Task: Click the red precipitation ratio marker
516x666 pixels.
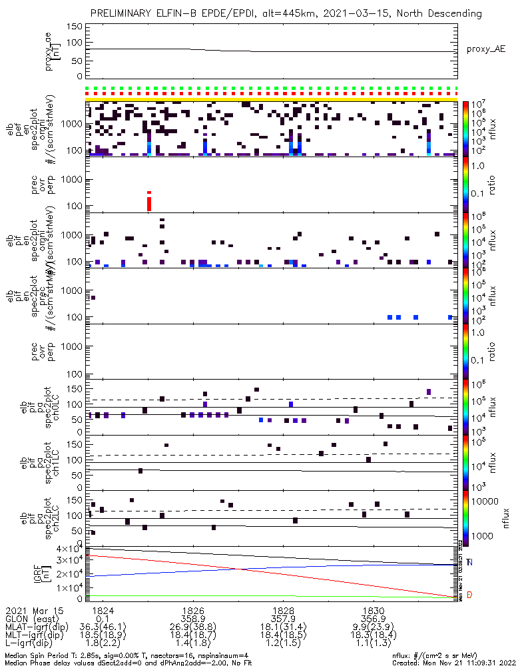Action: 149,201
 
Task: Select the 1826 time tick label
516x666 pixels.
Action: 193,610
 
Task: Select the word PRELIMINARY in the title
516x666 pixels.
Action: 122,13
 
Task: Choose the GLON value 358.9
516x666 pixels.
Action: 193,619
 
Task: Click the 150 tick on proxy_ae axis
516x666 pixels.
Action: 74,27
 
